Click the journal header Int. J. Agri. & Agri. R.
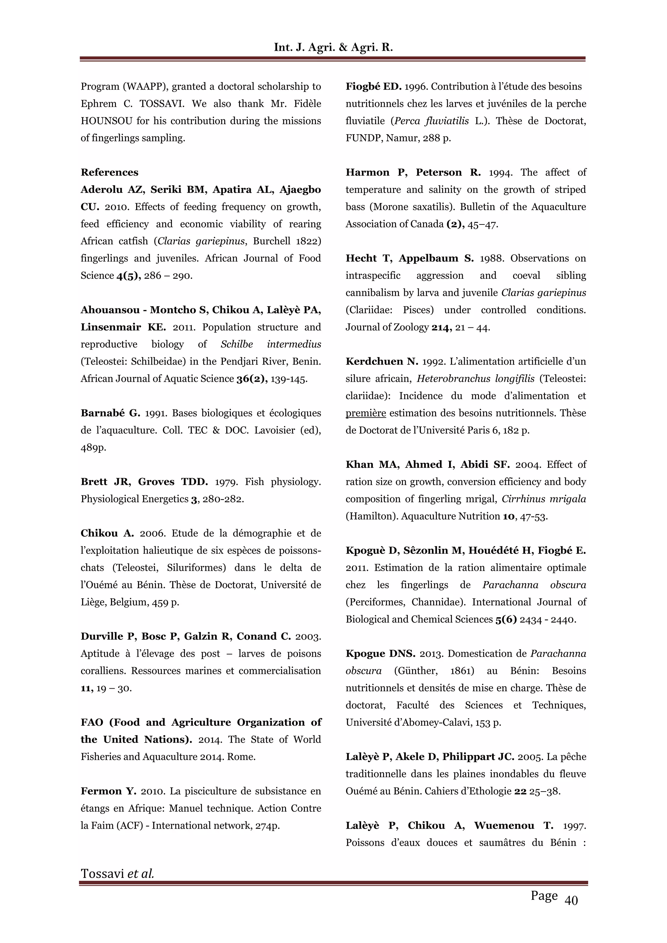tap(333, 48)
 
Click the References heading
tap(109, 173)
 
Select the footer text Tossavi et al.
tap(118, 873)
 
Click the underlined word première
tap(365, 413)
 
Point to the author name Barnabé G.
tap(110, 413)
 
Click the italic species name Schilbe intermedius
tap(271, 344)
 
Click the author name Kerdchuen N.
tap(382, 362)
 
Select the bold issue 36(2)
tap(252, 379)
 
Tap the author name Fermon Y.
tap(108, 791)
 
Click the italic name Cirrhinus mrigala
tap(544, 499)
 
